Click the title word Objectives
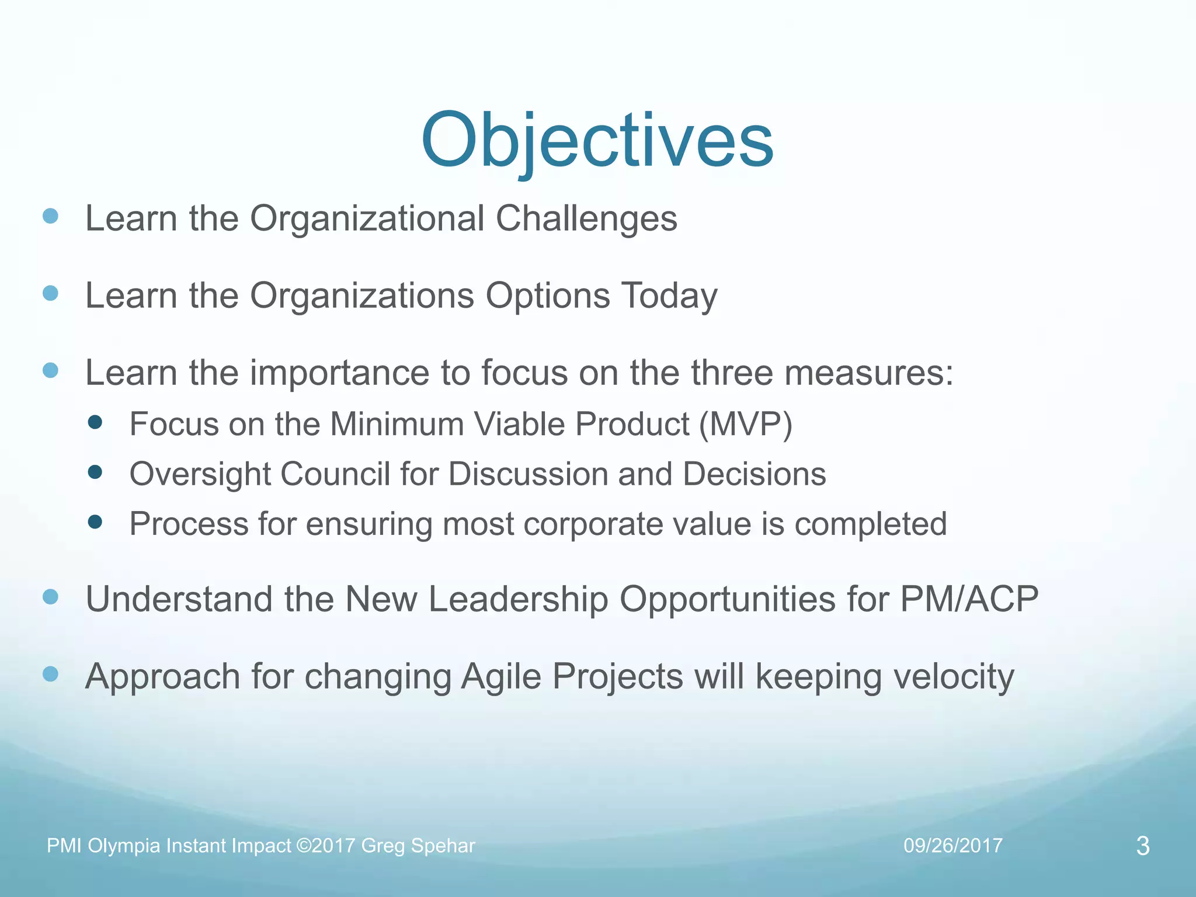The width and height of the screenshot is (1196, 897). point(597,142)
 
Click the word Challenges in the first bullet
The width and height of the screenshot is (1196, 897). point(586,219)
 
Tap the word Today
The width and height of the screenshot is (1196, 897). point(669,296)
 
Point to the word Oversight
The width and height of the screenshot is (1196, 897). point(200,474)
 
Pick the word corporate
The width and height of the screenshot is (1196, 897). point(592,524)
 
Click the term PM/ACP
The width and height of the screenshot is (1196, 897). point(969,600)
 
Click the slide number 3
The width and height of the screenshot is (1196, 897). point(1143,846)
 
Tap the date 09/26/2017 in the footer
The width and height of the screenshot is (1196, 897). point(952,846)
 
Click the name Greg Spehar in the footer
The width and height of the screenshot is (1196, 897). point(418,846)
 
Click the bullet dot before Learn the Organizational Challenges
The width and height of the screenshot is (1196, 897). point(51,217)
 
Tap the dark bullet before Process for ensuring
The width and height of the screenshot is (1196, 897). point(95,521)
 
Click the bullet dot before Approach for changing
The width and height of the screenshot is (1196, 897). point(51,675)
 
